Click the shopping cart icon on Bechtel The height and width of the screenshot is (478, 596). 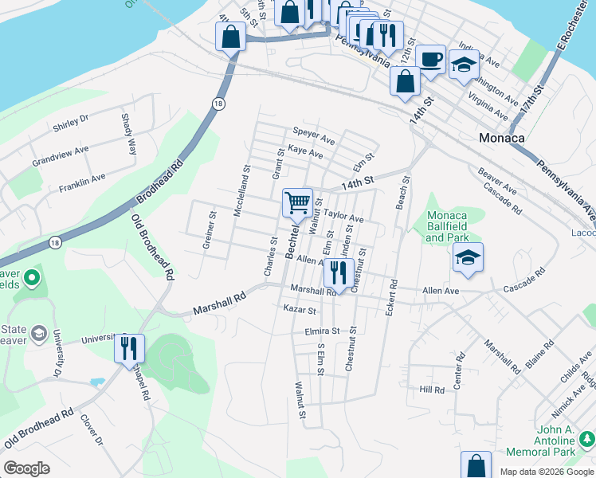[297, 202]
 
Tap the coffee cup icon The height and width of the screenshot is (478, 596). [430, 60]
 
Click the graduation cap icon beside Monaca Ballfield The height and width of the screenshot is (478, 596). [468, 257]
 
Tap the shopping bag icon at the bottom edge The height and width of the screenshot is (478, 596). [476, 464]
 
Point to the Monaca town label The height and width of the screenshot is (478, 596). [502, 137]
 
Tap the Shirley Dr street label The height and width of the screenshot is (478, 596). [70, 123]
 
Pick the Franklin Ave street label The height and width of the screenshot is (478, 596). [82, 183]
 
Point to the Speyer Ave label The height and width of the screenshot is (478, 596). [313, 132]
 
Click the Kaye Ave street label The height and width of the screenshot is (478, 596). [306, 151]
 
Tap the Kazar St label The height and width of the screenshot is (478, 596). [300, 309]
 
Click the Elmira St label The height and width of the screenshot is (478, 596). [322, 331]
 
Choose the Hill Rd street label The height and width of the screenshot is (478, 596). [432, 390]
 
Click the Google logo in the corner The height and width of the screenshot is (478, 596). [26, 468]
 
